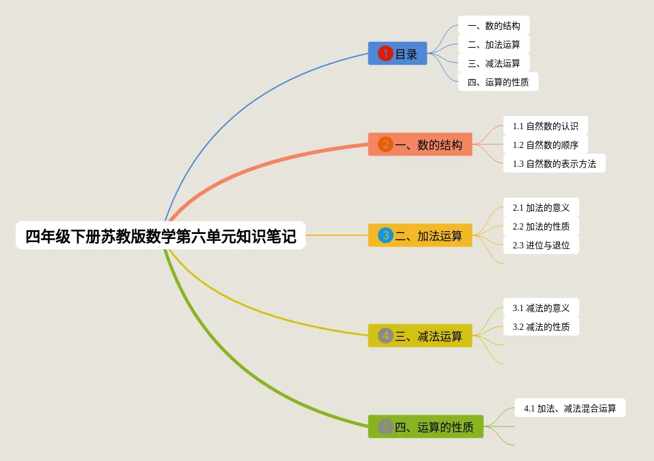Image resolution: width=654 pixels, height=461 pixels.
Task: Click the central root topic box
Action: pos(161,235)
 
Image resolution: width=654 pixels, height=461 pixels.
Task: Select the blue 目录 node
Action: pos(397,53)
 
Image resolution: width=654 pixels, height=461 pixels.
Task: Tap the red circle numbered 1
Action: pos(385,53)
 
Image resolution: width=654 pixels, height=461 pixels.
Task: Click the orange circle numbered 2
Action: pos(385,144)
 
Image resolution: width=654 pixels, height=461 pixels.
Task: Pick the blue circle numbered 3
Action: pos(385,235)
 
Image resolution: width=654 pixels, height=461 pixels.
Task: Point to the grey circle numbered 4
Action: pos(385,336)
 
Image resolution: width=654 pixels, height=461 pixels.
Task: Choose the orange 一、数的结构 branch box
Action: pos(420,144)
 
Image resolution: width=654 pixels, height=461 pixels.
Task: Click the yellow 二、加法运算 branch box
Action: pos(420,235)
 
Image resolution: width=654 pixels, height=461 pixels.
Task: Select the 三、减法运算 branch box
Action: pos(420,336)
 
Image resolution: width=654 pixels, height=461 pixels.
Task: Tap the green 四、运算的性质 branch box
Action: pos(426,427)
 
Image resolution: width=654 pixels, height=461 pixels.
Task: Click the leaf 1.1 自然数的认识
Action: pos(545,125)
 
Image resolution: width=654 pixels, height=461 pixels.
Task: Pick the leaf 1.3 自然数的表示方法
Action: pos(554,164)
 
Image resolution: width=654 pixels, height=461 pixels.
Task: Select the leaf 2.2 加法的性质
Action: pos(541,226)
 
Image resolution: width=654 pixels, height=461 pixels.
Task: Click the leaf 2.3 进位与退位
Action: pos(541,245)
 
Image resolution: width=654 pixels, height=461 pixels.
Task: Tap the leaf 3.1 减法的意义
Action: pos(541,307)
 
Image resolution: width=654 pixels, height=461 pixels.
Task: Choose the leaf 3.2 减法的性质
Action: pos(541,326)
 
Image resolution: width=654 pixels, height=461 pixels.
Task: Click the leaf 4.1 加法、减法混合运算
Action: pos(570,408)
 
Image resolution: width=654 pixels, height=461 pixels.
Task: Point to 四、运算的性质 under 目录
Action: pos(498,82)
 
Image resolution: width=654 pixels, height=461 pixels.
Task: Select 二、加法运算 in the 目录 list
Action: pos(494,44)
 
